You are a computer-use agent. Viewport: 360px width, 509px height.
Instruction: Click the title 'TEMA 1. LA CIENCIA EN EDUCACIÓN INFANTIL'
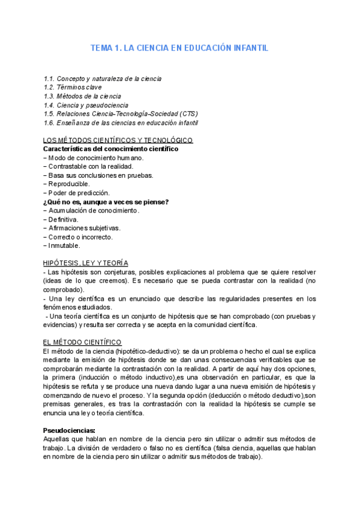(x=179, y=47)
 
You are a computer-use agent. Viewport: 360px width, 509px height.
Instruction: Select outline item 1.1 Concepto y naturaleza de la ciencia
(x=103, y=79)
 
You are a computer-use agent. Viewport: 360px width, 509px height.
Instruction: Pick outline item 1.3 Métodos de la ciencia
(x=83, y=96)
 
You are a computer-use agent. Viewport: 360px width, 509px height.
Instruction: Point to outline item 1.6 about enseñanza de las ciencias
(x=121, y=122)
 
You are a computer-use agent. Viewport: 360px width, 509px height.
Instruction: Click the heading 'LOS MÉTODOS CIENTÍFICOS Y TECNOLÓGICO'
(x=119, y=140)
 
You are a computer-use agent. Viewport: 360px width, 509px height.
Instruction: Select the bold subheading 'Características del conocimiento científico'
(x=111, y=149)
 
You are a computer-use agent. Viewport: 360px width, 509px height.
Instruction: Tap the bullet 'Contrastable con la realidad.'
(x=89, y=166)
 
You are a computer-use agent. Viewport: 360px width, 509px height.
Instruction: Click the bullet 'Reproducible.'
(x=67, y=184)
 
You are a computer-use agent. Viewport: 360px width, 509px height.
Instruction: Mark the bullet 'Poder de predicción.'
(x=77, y=193)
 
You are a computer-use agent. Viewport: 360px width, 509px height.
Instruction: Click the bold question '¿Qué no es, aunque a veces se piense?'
(x=107, y=202)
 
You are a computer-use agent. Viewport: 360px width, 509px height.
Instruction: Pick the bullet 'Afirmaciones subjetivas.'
(x=83, y=228)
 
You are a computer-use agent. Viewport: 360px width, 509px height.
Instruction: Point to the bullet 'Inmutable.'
(x=62, y=245)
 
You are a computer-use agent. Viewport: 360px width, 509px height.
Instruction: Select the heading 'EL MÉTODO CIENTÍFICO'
(x=83, y=342)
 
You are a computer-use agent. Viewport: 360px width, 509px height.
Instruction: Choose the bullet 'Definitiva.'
(x=63, y=220)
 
